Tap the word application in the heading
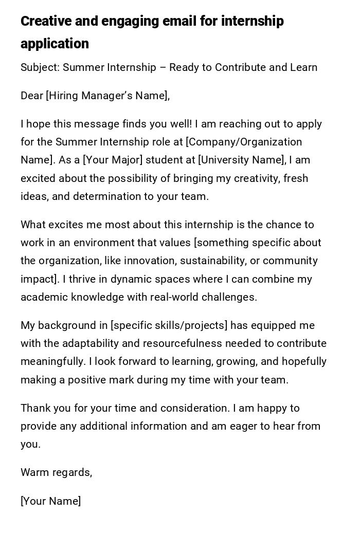tap(55, 44)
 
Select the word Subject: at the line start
tap(40, 67)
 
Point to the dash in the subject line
tap(163, 67)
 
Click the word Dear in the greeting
tap(32, 96)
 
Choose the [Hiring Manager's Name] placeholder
tap(107, 96)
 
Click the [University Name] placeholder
tap(242, 160)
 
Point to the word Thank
tap(35, 408)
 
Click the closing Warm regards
tap(56, 472)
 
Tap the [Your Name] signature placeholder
tap(50, 501)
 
